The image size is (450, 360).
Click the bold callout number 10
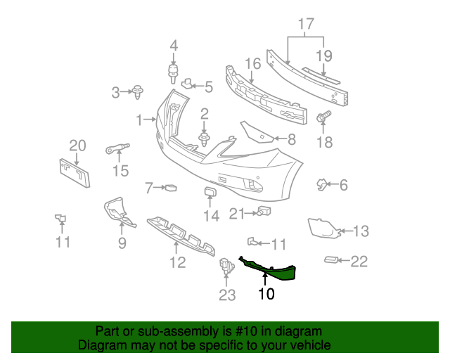[x=266, y=294]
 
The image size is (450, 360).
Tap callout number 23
[x=226, y=295]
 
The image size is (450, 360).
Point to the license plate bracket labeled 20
[x=74, y=173]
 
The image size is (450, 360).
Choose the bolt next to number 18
[x=324, y=119]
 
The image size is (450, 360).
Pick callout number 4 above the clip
[x=174, y=47]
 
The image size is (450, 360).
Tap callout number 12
[x=177, y=263]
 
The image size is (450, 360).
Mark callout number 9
[x=122, y=243]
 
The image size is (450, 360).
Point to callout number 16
[x=252, y=65]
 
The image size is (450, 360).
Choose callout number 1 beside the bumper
[x=139, y=120]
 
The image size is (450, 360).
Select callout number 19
[x=323, y=55]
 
